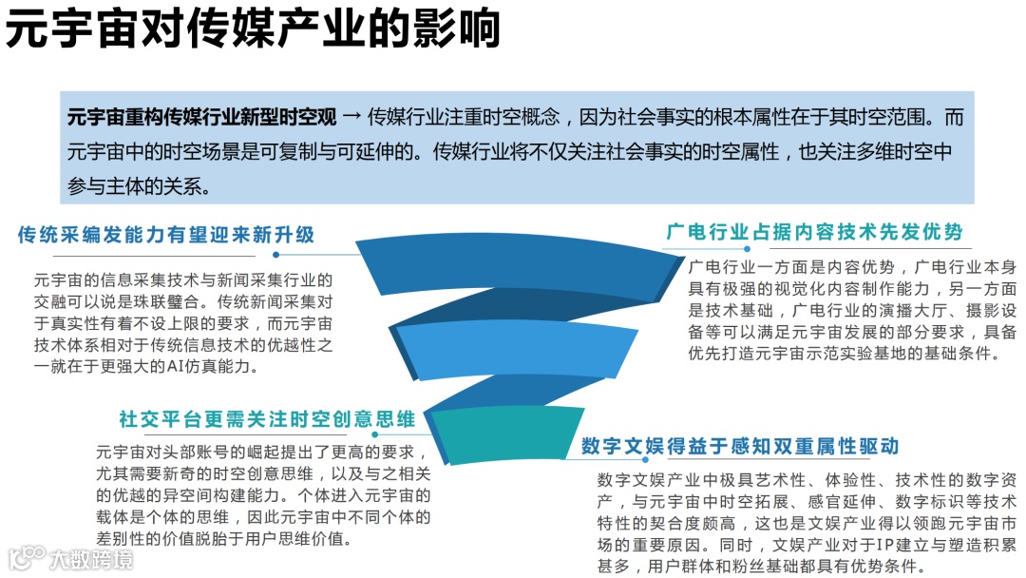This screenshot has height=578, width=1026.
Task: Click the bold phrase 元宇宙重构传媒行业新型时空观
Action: pyautogui.click(x=201, y=118)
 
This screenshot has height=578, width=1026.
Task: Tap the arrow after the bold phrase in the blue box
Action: pyautogui.click(x=351, y=118)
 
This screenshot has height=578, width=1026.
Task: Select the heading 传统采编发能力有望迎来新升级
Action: pyautogui.click(x=166, y=235)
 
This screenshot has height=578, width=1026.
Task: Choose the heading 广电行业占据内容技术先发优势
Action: pyautogui.click(x=814, y=231)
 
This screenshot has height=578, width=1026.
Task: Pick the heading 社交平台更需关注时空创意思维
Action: pyautogui.click(x=267, y=418)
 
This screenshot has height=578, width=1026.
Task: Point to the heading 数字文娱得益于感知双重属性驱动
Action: pyautogui.click(x=740, y=446)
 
